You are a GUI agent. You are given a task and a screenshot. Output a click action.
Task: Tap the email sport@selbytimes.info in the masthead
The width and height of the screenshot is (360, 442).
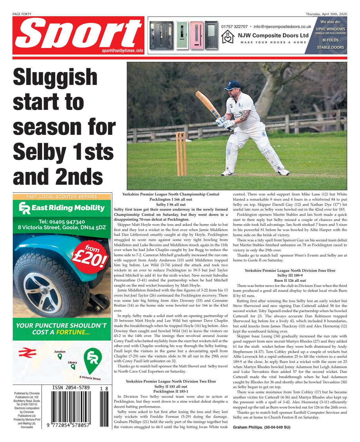click(x=122, y=50)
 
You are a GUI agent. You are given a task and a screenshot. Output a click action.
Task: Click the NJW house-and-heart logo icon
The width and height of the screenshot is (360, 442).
click(x=228, y=36)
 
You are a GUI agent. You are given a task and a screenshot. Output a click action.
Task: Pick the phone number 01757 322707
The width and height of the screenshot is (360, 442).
click(x=234, y=26)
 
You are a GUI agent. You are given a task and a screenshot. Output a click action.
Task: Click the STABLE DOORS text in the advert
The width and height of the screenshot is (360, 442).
click(x=330, y=47)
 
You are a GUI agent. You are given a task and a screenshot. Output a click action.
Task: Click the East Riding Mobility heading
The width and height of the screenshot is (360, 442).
click(x=61, y=208)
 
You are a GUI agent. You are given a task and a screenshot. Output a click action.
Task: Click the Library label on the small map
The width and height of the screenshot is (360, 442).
click(x=72, y=362)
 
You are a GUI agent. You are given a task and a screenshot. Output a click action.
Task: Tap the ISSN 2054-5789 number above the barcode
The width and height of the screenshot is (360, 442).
click(x=71, y=388)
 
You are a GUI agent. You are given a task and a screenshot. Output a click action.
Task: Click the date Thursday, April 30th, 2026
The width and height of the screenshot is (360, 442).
click(x=326, y=14)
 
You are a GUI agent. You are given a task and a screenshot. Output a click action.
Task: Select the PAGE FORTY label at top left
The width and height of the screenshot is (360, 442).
click(x=22, y=14)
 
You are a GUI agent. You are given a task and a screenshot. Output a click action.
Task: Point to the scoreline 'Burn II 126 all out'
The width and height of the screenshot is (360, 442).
click(x=290, y=281)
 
